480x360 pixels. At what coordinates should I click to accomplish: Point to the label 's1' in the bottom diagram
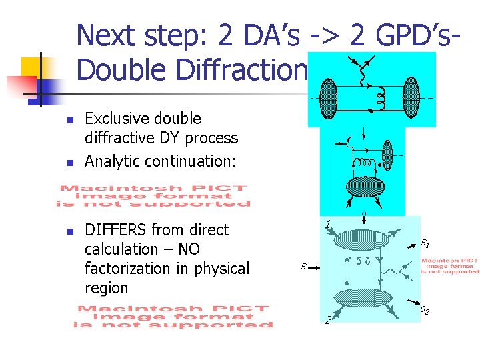(x=425, y=244)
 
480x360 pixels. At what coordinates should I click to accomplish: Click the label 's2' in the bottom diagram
(x=425, y=310)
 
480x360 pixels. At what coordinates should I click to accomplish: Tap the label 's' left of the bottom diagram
(x=303, y=267)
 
